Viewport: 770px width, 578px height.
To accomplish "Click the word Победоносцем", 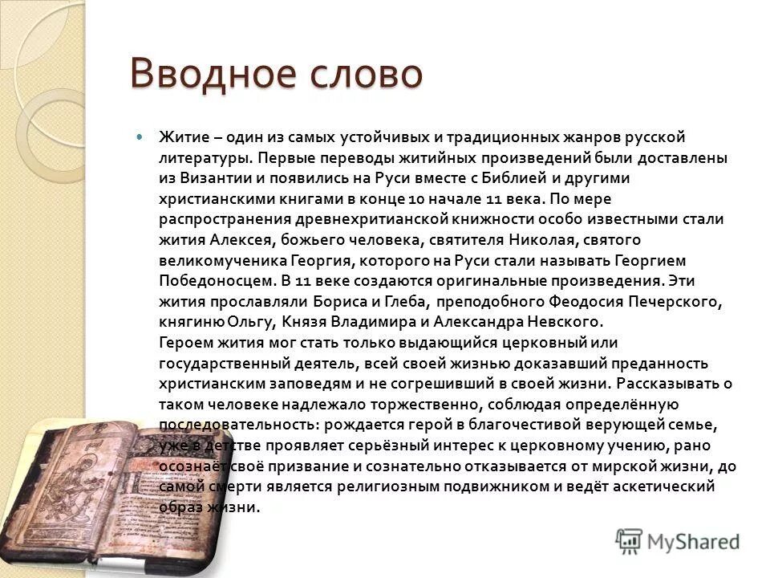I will (x=217, y=281).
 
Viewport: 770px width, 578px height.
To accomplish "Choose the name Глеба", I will (x=395, y=301).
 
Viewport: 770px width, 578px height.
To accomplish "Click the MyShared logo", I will (x=678, y=540).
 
